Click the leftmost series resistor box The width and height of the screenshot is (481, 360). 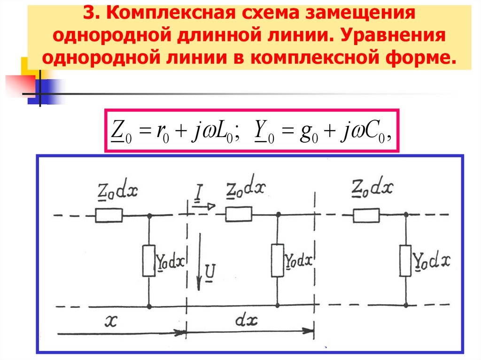coord(109,215)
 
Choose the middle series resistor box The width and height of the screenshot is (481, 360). coord(239,215)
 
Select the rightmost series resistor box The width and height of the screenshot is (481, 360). coord(366,215)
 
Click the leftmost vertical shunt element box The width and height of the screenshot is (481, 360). coord(149,260)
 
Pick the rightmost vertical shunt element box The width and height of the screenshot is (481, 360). coord(405,260)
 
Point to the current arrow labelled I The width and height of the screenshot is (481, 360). coord(203,205)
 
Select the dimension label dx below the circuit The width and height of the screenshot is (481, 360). coord(247,321)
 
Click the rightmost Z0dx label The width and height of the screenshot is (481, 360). coord(372,188)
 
